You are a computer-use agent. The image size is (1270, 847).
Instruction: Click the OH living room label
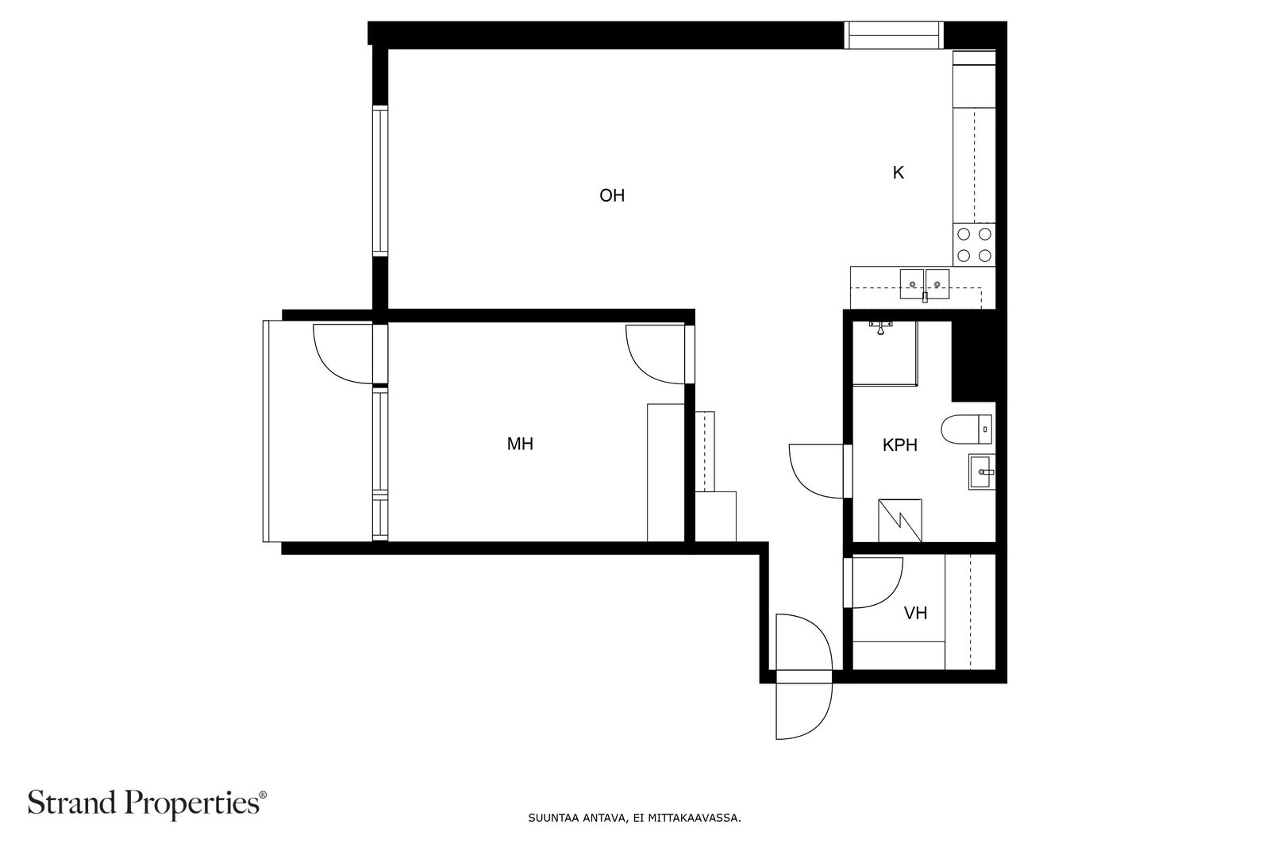pos(612,195)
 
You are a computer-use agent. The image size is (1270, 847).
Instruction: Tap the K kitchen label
pos(898,172)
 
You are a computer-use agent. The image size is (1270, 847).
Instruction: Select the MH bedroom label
pos(520,444)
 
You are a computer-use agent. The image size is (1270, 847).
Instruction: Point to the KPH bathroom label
pos(900,445)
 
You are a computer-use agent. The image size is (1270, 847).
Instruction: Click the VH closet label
pos(916,613)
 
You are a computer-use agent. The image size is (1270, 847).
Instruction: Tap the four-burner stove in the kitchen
pos(974,245)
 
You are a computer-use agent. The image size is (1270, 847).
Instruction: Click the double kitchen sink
pos(925,284)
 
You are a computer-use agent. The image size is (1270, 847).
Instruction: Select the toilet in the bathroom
pos(967,429)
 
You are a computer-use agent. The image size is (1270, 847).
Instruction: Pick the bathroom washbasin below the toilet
pos(981,472)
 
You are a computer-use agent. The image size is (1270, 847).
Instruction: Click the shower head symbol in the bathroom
pos(880,328)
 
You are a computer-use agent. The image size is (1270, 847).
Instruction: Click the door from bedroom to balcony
pos(342,354)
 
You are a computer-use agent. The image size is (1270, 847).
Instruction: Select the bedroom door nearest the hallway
pos(655,354)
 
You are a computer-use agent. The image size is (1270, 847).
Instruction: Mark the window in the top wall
pos(894,35)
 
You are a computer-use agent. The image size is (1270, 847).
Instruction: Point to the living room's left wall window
pos(380,181)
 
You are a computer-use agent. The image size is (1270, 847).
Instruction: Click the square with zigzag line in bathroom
pos(900,521)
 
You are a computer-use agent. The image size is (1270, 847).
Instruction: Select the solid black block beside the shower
pos(973,356)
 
